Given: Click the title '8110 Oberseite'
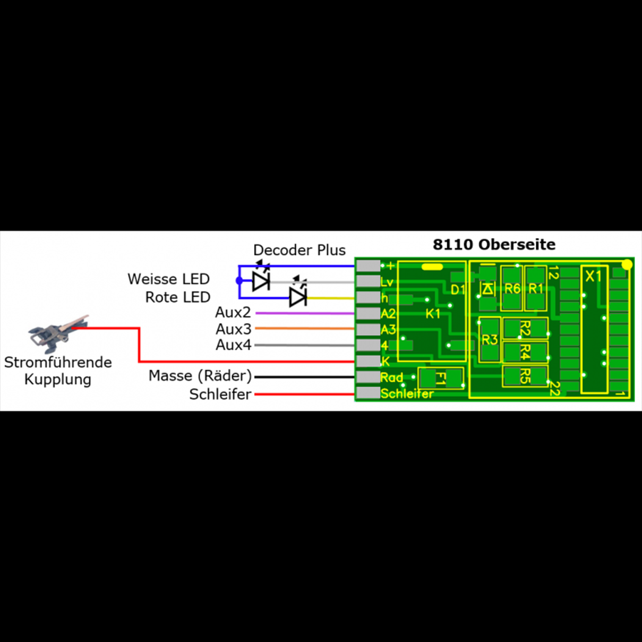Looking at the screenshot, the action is click(x=494, y=245).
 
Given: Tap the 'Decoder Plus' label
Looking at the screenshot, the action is click(x=299, y=250).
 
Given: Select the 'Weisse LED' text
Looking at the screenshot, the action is click(x=168, y=279).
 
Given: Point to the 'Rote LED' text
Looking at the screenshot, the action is click(x=178, y=297).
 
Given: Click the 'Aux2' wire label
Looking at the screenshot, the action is click(x=233, y=313).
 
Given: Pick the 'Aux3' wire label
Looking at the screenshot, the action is click(x=233, y=329).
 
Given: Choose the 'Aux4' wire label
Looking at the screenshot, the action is click(x=233, y=345).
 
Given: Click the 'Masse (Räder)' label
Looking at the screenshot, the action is click(x=200, y=376).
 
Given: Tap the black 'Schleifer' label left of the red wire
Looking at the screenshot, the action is click(x=220, y=394).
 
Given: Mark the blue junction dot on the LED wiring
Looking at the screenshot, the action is click(x=239, y=281).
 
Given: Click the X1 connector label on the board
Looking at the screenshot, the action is click(x=593, y=276).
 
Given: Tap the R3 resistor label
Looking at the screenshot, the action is click(x=490, y=340).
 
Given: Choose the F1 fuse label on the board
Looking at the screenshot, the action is click(x=440, y=378).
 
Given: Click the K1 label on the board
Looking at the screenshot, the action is click(x=433, y=313).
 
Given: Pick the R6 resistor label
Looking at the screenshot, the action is click(x=512, y=288).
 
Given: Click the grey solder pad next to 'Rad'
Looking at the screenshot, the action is click(x=368, y=377).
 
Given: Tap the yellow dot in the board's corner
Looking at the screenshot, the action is click(x=627, y=264).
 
